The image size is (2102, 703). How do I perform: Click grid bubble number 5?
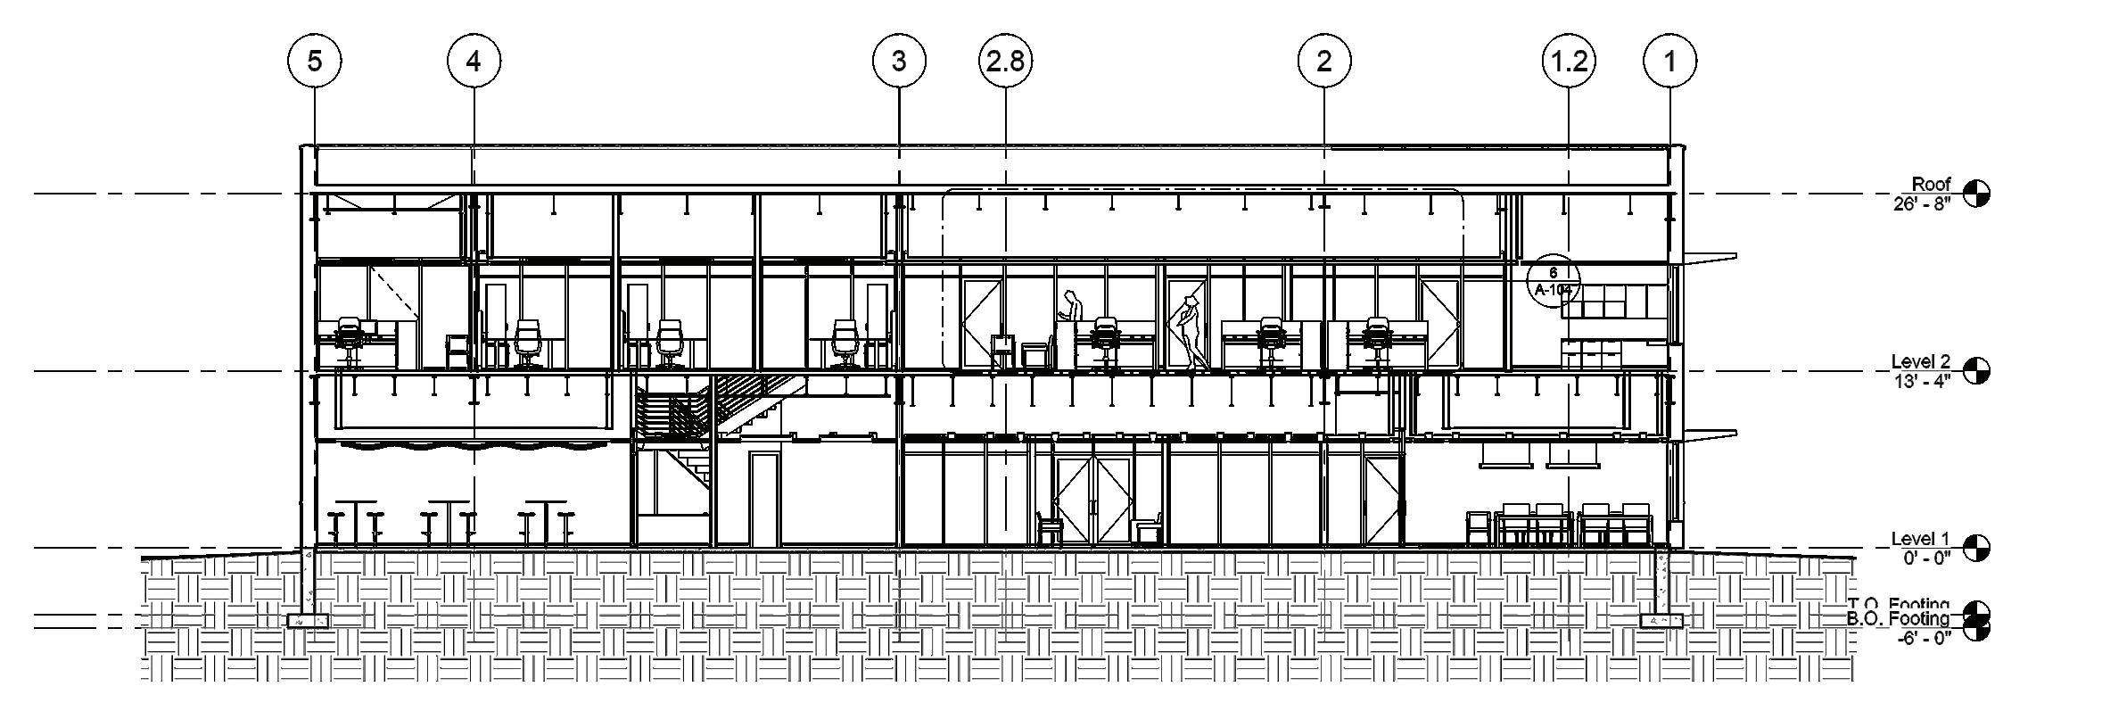tap(314, 62)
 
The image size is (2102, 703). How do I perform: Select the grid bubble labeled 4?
tap(474, 62)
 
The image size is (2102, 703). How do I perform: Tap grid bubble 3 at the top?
tap(898, 62)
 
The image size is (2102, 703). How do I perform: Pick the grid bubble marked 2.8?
tap(1006, 62)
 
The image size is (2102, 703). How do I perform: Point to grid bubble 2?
tap(1323, 62)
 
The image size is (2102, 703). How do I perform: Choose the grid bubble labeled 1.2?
tap(1569, 62)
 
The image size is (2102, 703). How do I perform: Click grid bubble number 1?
tap(1669, 62)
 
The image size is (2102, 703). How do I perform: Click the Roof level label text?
tap(1931, 185)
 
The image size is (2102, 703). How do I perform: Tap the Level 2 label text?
tap(1920, 362)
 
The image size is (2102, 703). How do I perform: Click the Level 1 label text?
tap(1920, 539)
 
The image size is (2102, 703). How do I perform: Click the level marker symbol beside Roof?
tap(1976, 193)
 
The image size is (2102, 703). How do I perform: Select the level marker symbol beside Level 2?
tap(1976, 370)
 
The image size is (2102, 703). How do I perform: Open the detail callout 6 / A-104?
tap(1553, 280)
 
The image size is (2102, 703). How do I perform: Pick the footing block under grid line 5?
tap(308, 620)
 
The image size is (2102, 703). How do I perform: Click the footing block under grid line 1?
tap(1661, 620)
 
